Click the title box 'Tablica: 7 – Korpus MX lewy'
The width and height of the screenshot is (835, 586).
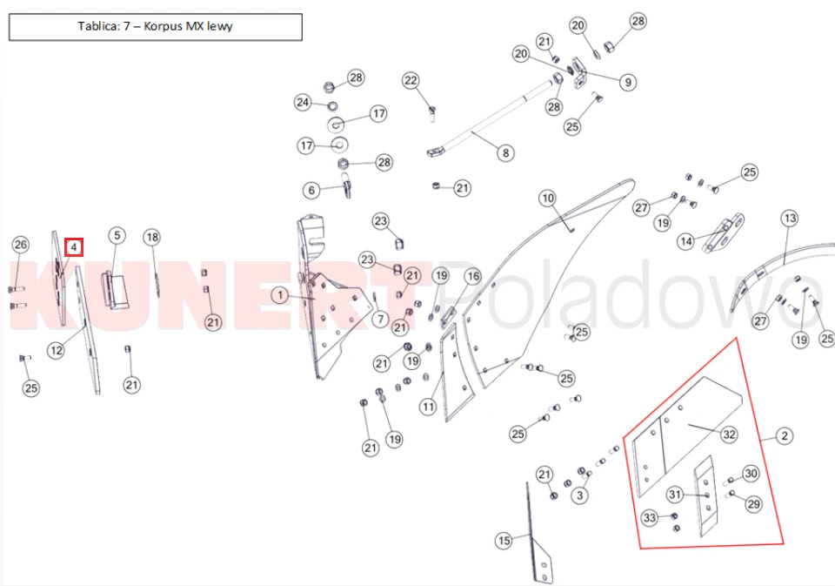click(156, 27)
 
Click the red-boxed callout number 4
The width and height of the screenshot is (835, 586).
click(74, 247)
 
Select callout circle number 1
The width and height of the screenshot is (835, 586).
click(280, 295)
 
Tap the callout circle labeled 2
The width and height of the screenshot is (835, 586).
click(784, 436)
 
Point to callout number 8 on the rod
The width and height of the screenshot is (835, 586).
click(505, 153)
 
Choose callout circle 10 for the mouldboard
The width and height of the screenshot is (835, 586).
click(547, 199)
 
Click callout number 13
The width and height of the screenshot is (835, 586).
click(789, 218)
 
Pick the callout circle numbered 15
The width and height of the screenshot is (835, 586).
click(504, 541)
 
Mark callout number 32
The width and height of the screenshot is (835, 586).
click(729, 434)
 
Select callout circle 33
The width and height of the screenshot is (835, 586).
click(649, 518)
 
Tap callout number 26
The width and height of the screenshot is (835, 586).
click(21, 245)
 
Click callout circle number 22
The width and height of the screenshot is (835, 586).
click(411, 80)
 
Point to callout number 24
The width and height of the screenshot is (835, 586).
click(303, 102)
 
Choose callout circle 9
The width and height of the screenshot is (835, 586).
click(628, 82)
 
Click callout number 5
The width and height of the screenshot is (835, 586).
click(117, 236)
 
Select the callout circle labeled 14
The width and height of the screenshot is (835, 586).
click(686, 241)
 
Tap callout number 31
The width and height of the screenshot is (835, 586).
click(675, 495)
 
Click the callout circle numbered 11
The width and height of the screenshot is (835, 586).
click(428, 407)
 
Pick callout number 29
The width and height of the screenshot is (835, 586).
click(753, 504)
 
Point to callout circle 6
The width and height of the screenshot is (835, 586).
click(311, 191)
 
